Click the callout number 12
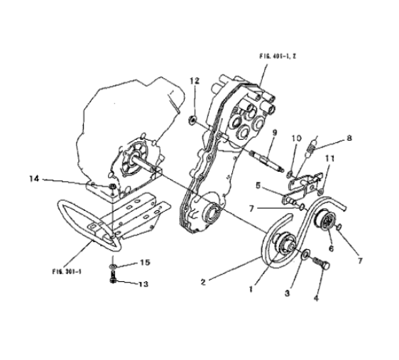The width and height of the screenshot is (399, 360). [195, 81]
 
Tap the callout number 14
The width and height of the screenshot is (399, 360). [34, 179]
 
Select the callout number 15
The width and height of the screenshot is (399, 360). [146, 262]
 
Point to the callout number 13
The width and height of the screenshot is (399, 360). [143, 284]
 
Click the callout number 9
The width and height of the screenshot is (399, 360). [275, 133]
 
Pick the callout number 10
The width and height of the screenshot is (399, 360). [297, 138]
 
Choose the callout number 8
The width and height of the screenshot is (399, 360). [349, 138]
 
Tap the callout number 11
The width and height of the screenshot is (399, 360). [330, 158]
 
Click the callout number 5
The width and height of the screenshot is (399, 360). [258, 186]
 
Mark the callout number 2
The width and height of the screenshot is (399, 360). [203, 282]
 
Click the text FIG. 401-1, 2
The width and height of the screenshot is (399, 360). [278, 56]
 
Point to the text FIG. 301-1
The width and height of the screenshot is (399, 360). [67, 271]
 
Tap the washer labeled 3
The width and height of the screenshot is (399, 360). [305, 254]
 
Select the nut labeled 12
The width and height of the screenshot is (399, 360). [192, 119]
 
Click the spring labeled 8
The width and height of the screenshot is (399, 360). [310, 149]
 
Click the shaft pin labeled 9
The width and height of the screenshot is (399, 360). [267, 161]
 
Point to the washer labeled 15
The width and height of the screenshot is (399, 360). [112, 267]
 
